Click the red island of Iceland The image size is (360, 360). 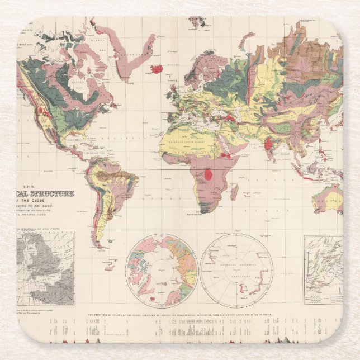pos(157,69)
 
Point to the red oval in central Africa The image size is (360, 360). pos(208,174)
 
